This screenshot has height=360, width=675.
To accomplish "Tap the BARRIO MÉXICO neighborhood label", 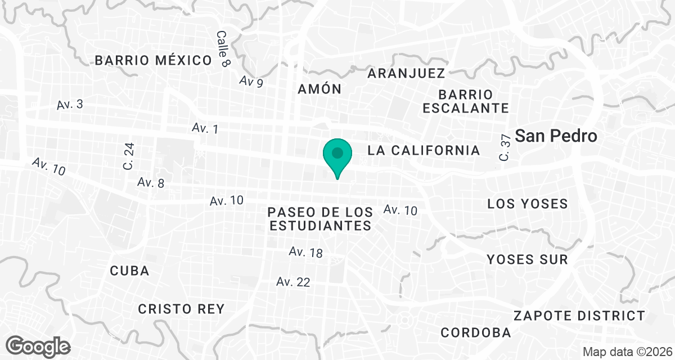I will pyautogui.click(x=153, y=61).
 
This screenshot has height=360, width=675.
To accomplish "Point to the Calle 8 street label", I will pyautogui.click(x=223, y=49).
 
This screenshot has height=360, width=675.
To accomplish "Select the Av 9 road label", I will pyautogui.click(x=251, y=82).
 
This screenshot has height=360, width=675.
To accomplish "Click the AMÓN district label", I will pyautogui.click(x=319, y=89).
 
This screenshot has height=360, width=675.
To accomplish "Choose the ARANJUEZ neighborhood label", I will pyautogui.click(x=406, y=73).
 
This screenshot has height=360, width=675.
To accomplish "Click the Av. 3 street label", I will pyautogui.click(x=70, y=105).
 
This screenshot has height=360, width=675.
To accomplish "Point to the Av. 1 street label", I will pyautogui.click(x=205, y=128).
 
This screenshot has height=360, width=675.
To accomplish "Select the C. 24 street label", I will pyautogui.click(x=129, y=157).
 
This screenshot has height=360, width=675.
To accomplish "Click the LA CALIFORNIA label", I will pyautogui.click(x=424, y=150).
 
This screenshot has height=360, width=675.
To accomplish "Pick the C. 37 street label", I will pyautogui.click(x=505, y=148).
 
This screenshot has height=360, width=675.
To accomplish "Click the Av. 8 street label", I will pyautogui.click(x=151, y=183).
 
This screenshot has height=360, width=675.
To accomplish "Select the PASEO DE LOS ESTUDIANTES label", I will pyautogui.click(x=320, y=219).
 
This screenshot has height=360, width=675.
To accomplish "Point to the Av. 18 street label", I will pyautogui.click(x=306, y=252).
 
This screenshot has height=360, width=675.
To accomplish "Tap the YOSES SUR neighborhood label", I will pyautogui.click(x=527, y=259).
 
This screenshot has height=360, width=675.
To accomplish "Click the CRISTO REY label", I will pyautogui.click(x=181, y=309).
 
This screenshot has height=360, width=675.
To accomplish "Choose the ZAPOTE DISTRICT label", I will pyautogui.click(x=579, y=316).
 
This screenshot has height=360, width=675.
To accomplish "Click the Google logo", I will pyautogui.click(x=39, y=345).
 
